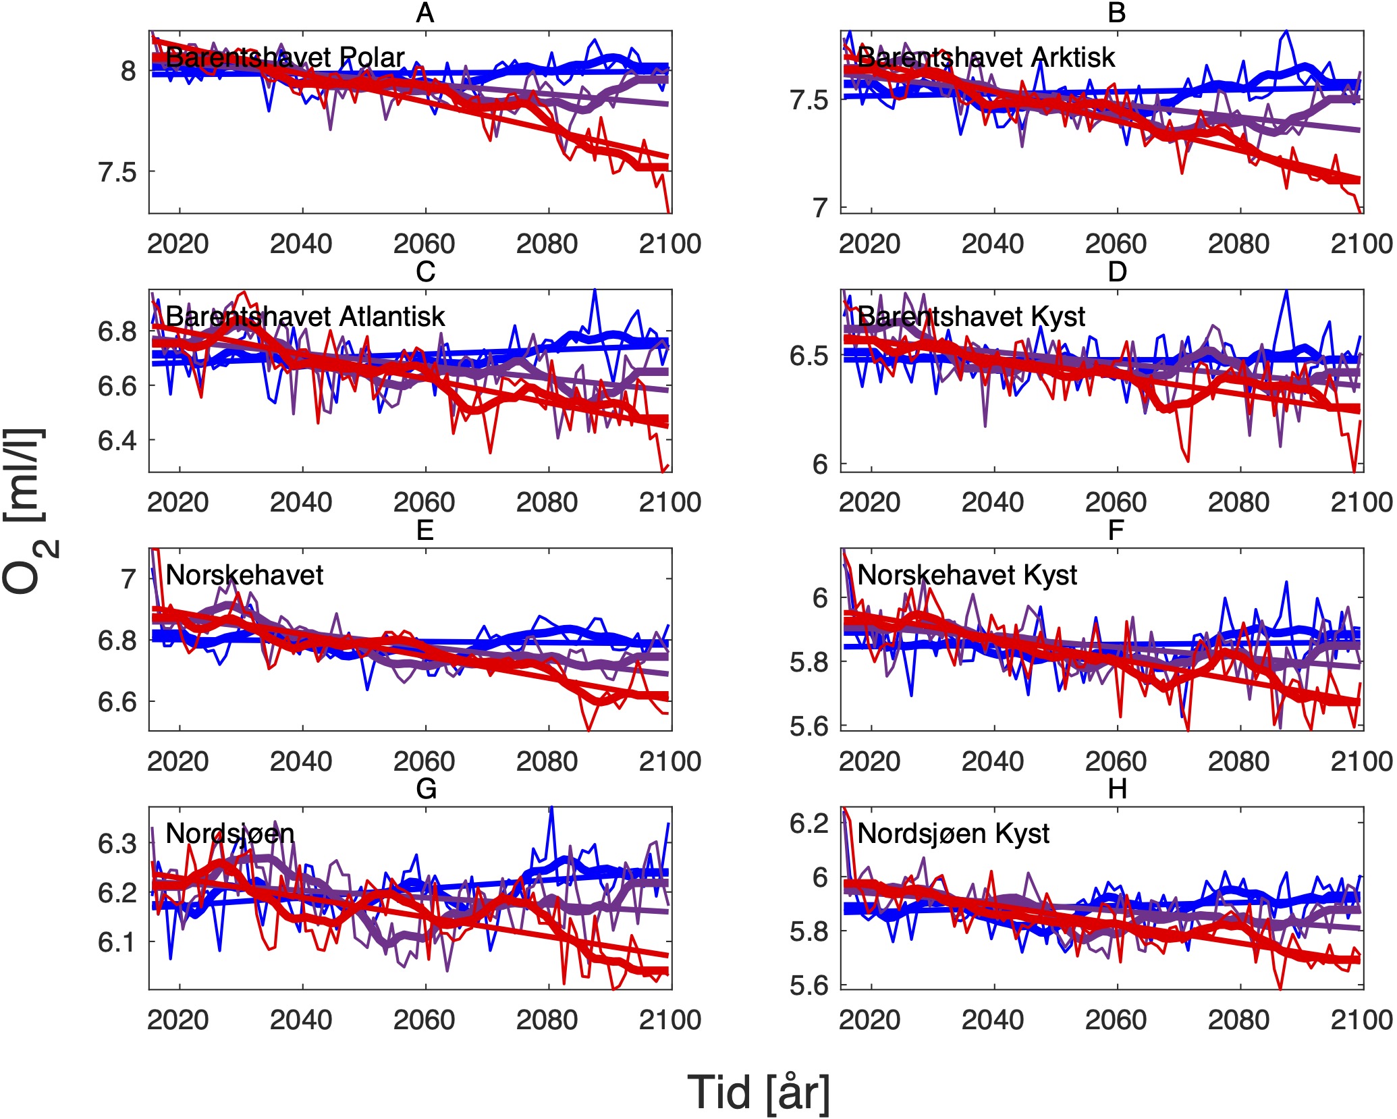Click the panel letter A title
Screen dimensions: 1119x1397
(x=424, y=13)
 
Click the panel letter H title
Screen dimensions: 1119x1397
(x=1117, y=788)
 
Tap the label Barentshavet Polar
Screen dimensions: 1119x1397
(x=285, y=57)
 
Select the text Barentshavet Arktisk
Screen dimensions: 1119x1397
(x=985, y=57)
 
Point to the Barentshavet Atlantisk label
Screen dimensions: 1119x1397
(x=305, y=316)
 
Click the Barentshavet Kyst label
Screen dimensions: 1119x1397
(x=970, y=316)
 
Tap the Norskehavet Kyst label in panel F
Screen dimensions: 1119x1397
(x=966, y=575)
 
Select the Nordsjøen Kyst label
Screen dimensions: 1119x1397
(x=953, y=834)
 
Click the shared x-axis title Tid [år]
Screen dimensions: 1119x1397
(x=759, y=1091)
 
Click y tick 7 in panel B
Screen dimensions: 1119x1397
(x=819, y=207)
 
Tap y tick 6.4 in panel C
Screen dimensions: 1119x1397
(x=117, y=440)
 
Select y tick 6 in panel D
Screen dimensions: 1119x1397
(x=819, y=464)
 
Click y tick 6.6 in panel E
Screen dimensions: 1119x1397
(x=117, y=702)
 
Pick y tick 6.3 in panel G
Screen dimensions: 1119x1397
(x=117, y=844)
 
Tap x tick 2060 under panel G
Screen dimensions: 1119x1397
(x=424, y=1020)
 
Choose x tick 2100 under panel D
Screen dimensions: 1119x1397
(x=1361, y=502)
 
